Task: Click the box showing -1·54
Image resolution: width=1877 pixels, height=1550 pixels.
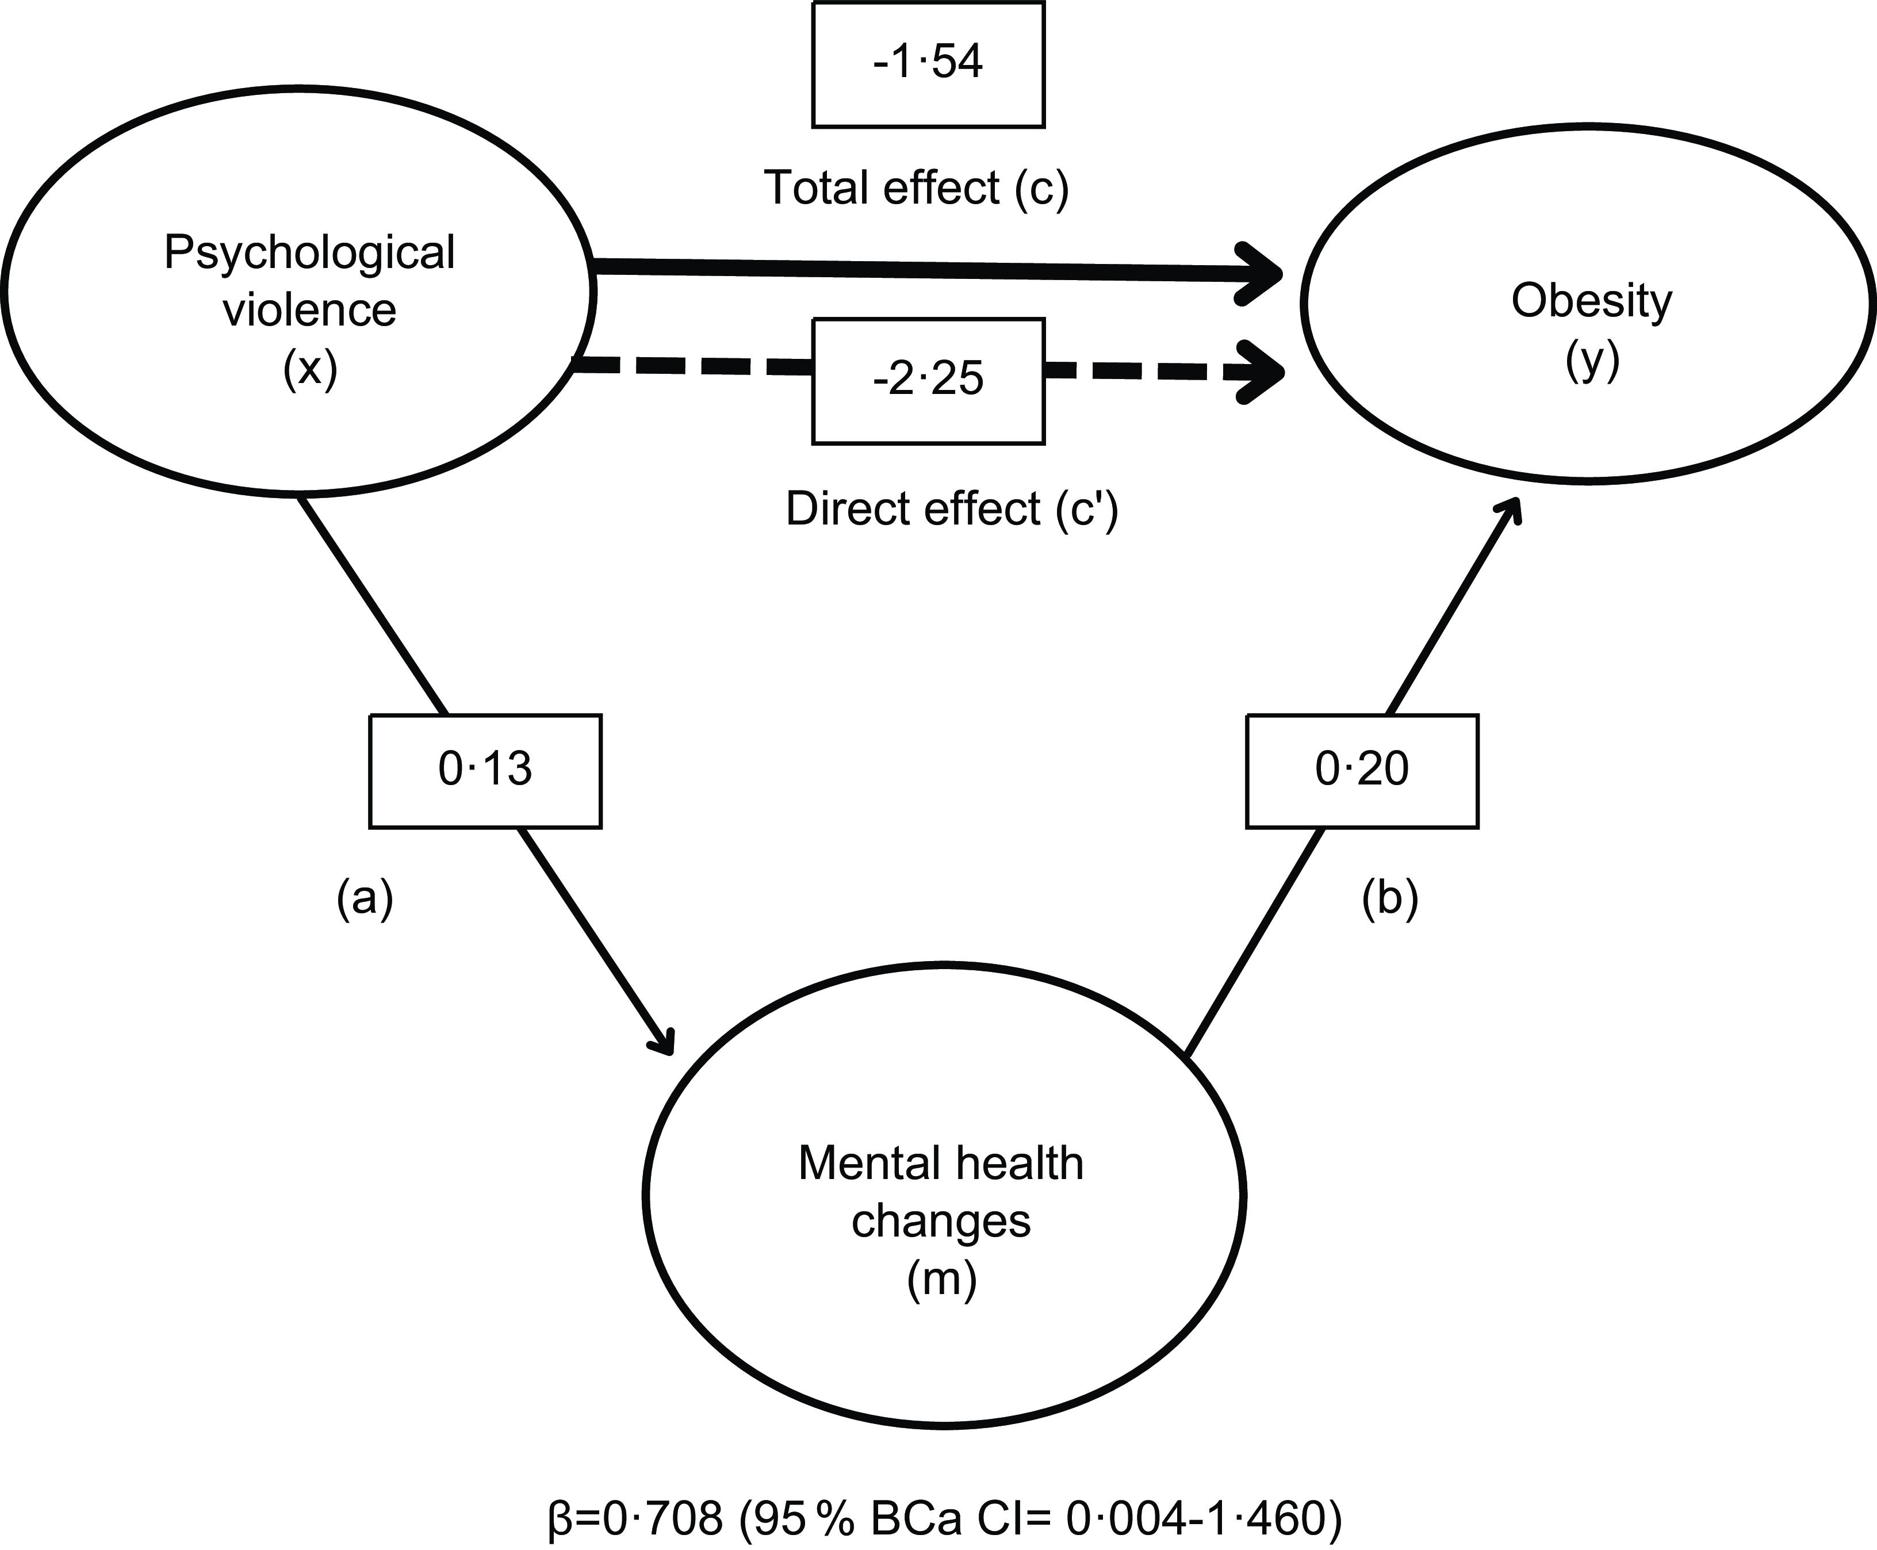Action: click(x=928, y=64)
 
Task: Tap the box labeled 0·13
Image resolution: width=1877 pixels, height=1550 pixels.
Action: click(x=485, y=771)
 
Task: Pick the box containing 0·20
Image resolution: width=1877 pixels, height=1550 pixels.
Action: click(x=1362, y=771)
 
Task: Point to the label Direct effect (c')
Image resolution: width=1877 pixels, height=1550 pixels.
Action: click(x=952, y=510)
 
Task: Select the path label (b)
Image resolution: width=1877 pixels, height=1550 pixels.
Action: click(x=1390, y=898)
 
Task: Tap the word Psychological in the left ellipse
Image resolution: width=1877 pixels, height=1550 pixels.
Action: click(x=310, y=252)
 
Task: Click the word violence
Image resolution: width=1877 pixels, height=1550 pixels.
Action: click(x=310, y=310)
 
